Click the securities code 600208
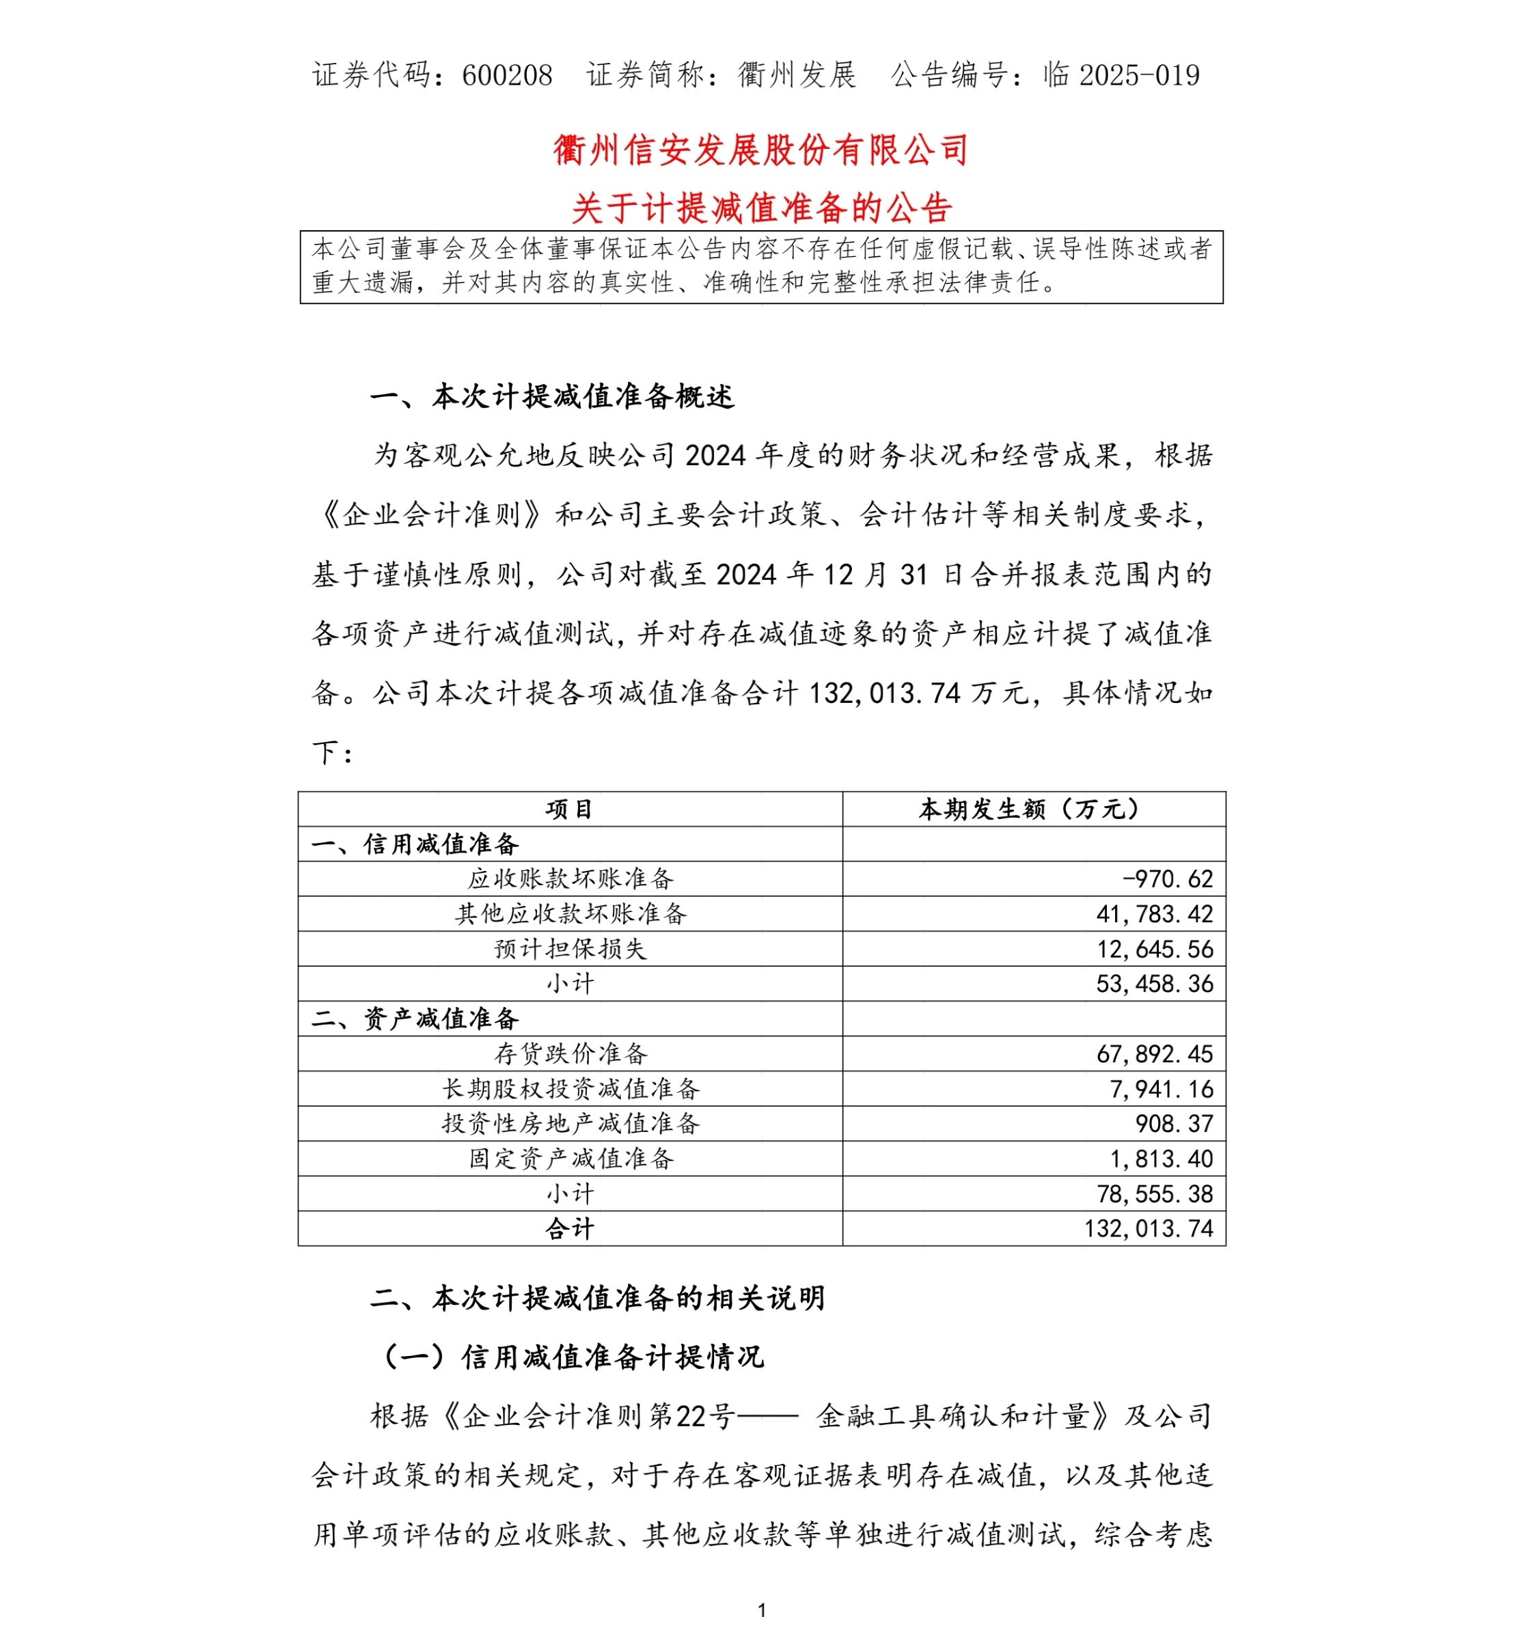(x=507, y=75)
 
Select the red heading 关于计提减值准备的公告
(x=761, y=208)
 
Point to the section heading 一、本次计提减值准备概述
(x=551, y=397)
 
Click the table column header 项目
(x=569, y=809)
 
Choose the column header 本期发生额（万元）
(x=1033, y=809)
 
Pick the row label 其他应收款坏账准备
(x=571, y=913)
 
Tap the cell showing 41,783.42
(x=1155, y=914)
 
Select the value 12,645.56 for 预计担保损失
(x=1155, y=949)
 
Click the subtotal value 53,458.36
(x=1155, y=984)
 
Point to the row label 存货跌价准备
(x=571, y=1054)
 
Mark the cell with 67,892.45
(x=1155, y=1054)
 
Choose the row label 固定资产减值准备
(x=571, y=1159)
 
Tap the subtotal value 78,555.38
(x=1155, y=1194)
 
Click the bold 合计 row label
(x=569, y=1229)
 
